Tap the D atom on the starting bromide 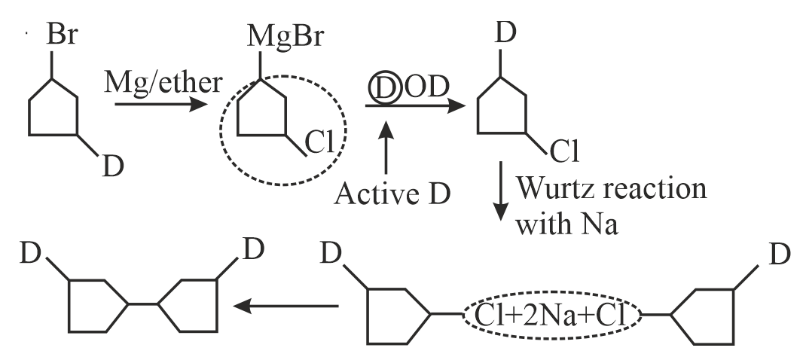(x=112, y=166)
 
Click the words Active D (x=392, y=194)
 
